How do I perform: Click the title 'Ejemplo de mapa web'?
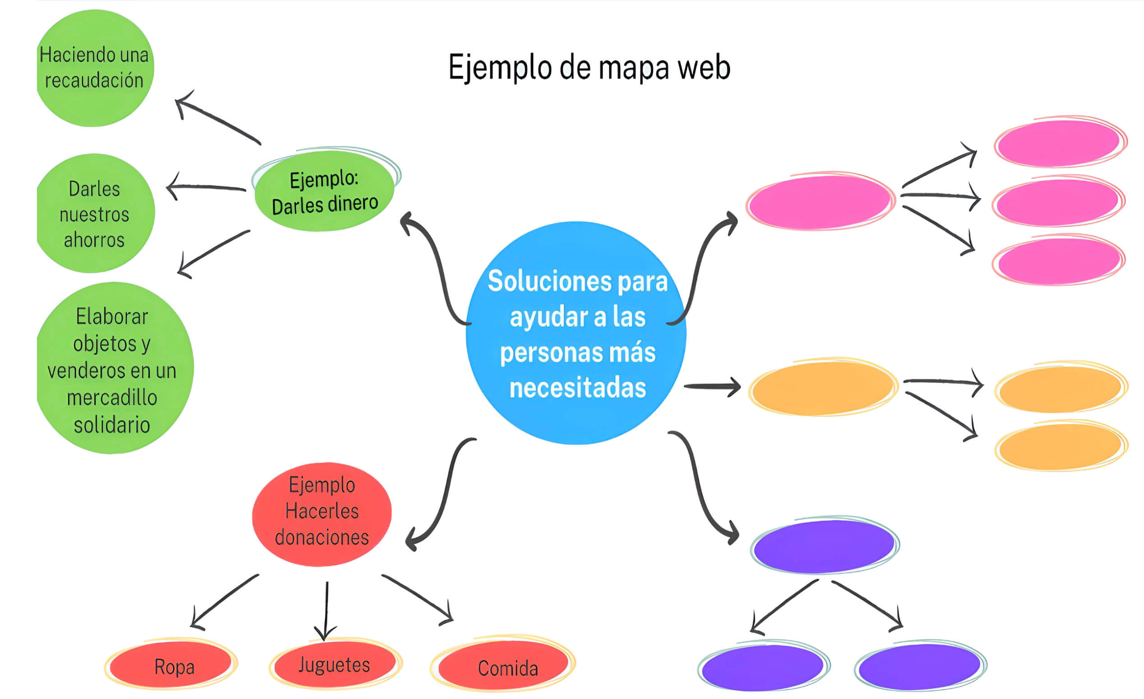589,68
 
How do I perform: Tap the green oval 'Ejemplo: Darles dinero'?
324,191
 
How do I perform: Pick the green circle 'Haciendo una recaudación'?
94,68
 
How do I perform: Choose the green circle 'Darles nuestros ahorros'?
94,213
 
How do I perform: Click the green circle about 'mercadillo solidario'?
112,369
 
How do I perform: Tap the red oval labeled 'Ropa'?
172,665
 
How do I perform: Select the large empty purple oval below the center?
824,546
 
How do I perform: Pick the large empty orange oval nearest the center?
823,388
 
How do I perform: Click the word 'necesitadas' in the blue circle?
577,388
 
